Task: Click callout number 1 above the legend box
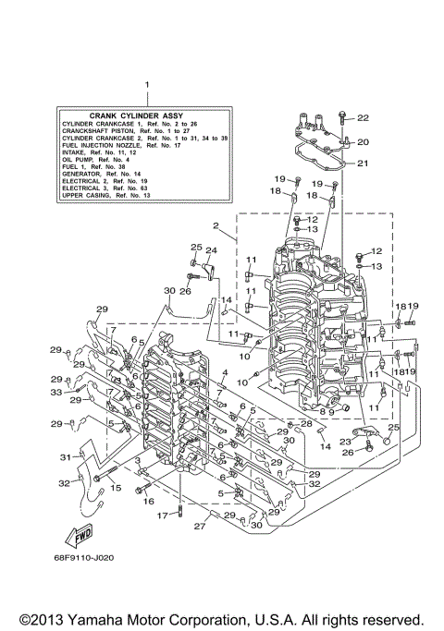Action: (146, 85)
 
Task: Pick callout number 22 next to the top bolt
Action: (363, 118)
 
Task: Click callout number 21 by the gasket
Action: (363, 164)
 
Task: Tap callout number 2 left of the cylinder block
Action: (215, 224)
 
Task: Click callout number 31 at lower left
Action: (66, 456)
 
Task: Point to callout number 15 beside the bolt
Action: (117, 487)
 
